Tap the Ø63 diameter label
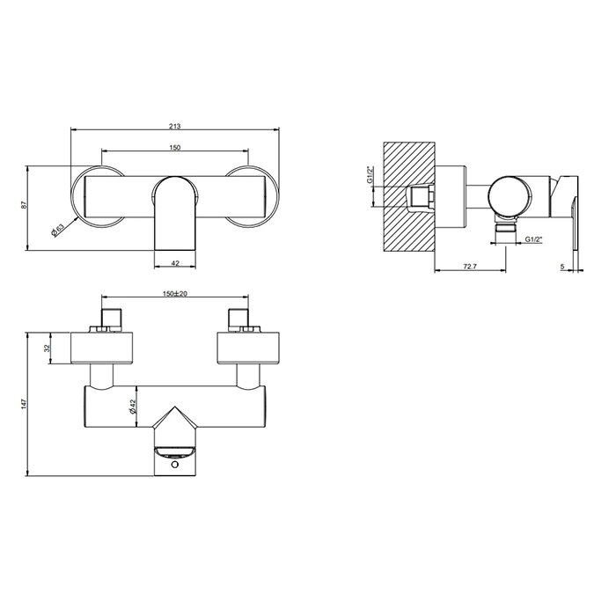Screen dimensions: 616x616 pos(57,229)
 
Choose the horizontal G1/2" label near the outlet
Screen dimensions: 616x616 pos(534,238)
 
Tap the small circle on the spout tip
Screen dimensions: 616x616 pos(175,465)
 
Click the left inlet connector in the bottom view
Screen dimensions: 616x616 pos(111,319)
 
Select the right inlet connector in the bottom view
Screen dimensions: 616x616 pos(238,319)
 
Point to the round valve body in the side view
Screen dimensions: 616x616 pos(511,194)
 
